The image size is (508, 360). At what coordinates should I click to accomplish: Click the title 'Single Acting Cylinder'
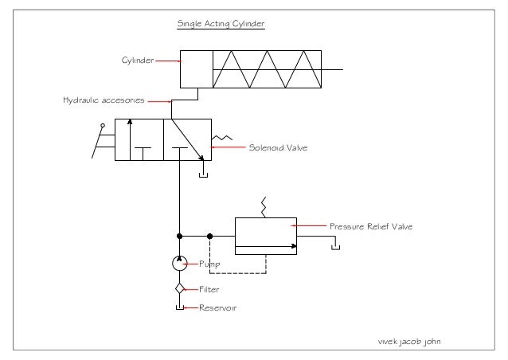[x=220, y=24]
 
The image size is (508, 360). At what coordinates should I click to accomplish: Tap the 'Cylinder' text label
[x=137, y=59]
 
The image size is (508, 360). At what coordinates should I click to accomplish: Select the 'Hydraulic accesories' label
[x=104, y=101]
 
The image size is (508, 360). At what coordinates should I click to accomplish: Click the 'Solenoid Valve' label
[x=278, y=147]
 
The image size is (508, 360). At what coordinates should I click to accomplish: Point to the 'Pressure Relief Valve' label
[x=371, y=227]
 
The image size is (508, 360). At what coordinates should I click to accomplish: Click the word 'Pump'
[x=209, y=263]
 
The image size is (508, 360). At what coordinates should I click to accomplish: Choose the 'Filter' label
[x=209, y=289]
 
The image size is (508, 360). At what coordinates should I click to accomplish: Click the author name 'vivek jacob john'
[x=409, y=341]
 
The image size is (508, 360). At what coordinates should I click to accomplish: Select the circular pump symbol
[x=180, y=263]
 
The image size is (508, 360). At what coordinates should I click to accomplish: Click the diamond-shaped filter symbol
[x=180, y=288]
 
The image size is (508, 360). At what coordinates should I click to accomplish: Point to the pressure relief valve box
[x=264, y=237]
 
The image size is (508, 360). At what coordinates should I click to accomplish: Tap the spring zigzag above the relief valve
[x=263, y=206]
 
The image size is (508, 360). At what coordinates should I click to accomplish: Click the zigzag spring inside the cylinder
[x=266, y=69]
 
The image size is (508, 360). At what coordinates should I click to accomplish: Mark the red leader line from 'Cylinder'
[x=167, y=59]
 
